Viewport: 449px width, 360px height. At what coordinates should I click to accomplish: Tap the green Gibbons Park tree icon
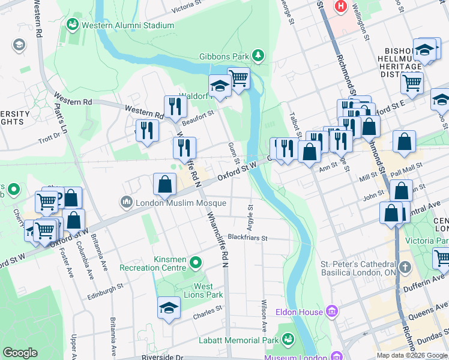point(258,56)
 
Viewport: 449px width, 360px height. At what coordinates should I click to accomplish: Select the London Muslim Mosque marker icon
point(126,202)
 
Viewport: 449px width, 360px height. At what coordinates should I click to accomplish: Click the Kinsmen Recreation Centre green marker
point(196,262)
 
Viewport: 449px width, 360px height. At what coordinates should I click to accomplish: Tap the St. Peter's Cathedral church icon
point(406,266)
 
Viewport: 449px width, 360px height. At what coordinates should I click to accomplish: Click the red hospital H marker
point(342,7)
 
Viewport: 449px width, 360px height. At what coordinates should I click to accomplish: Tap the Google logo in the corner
point(20,352)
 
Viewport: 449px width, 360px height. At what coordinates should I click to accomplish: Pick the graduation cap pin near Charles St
point(169,308)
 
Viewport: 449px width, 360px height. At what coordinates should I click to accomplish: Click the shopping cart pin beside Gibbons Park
point(239,78)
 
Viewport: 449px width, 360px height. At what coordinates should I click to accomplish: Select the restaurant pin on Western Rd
point(175,107)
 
